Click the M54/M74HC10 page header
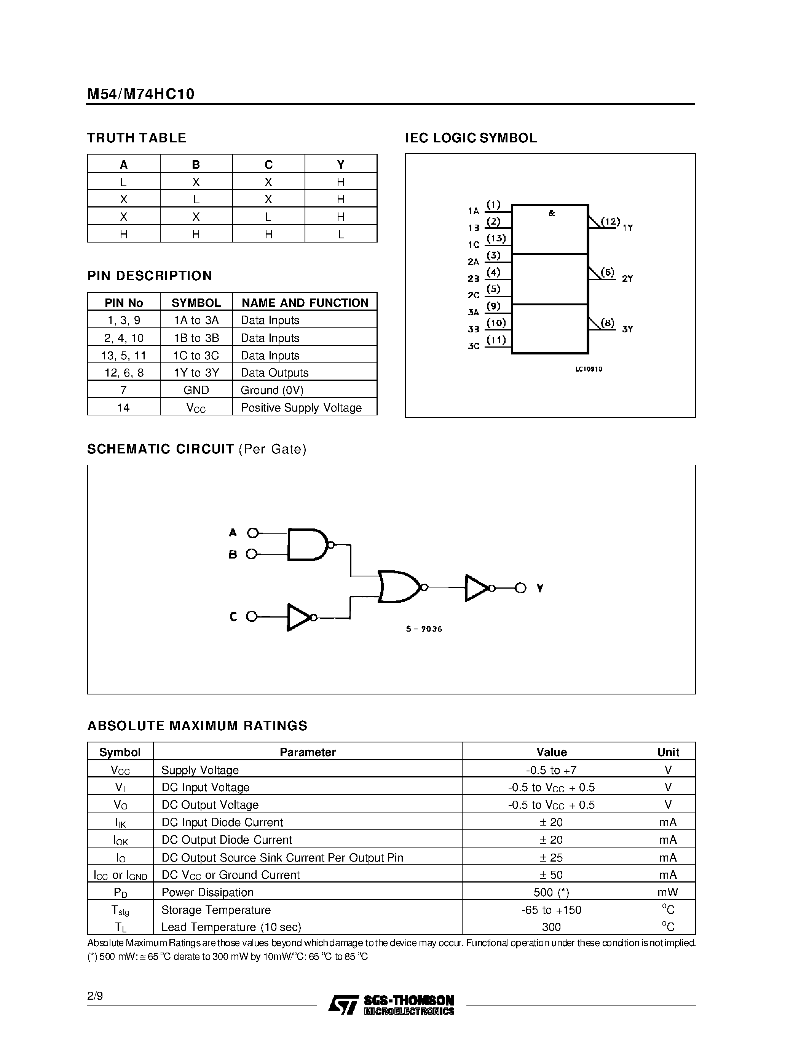coord(141,94)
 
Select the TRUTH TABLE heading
coord(137,138)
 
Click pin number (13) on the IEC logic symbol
coord(496,238)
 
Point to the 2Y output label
coord(627,279)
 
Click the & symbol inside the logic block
coord(552,213)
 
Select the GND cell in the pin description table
coord(196,390)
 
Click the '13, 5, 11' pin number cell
coord(124,356)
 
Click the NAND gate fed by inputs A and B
coord(307,544)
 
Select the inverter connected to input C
coord(299,617)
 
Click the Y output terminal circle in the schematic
coord(520,588)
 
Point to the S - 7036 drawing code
coord(424,629)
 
